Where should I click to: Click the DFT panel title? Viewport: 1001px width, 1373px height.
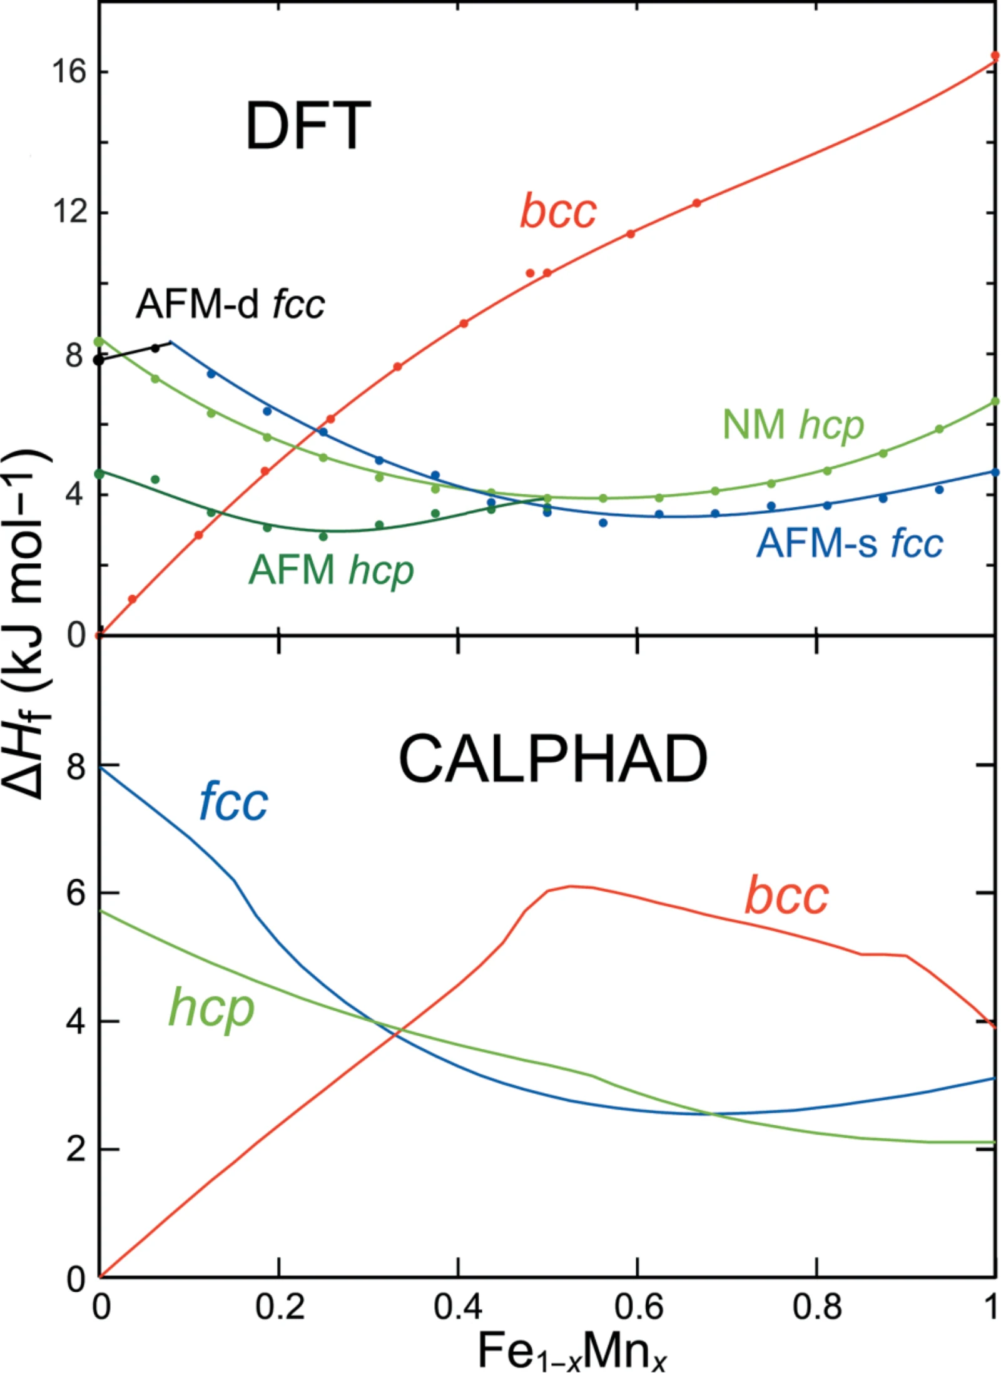(x=308, y=125)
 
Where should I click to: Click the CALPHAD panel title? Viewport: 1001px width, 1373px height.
(x=553, y=758)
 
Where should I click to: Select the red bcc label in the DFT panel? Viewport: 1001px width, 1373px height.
(x=558, y=210)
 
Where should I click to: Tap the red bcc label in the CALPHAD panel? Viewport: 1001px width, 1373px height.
(x=786, y=895)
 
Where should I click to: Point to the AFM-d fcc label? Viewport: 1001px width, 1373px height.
(x=230, y=305)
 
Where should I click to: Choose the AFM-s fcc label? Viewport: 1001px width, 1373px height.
(x=850, y=543)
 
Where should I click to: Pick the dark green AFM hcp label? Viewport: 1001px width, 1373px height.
(x=331, y=571)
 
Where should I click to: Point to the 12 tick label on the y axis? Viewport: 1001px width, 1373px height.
(x=68, y=212)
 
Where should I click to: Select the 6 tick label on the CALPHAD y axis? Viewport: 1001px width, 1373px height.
(x=76, y=893)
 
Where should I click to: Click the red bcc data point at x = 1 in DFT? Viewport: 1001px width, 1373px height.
(x=995, y=56)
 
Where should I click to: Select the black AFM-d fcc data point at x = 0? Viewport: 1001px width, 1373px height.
(x=98, y=360)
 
